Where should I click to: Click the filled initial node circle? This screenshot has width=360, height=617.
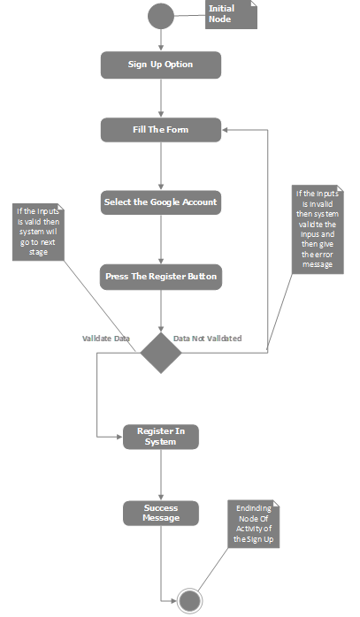(160, 16)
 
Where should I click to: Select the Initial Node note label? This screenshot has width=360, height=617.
(230, 14)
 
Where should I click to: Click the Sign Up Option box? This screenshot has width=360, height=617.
(160, 65)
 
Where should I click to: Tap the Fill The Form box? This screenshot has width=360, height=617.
(160, 130)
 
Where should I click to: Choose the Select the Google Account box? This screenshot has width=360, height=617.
(160, 202)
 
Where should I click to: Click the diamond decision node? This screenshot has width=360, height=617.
(160, 353)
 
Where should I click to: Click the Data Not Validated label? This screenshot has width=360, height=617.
(207, 339)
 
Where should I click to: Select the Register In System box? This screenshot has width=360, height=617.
(160, 436)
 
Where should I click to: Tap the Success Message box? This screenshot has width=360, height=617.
(160, 513)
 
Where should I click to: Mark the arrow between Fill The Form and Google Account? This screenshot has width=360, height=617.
(160, 166)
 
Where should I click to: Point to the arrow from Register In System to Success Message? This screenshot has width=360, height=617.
(160, 475)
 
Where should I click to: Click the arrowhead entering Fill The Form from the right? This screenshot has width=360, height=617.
(226, 130)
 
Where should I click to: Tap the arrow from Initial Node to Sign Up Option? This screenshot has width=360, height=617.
(160, 40)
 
